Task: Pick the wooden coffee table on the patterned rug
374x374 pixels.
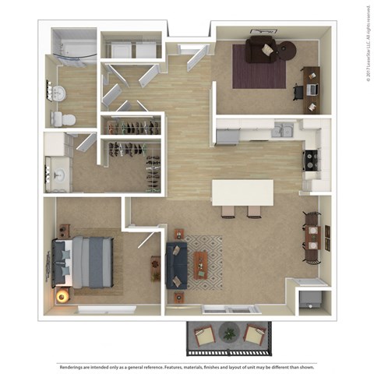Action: (x=201, y=263)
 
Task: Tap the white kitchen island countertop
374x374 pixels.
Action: (x=242, y=192)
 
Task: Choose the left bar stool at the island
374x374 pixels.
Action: (x=228, y=210)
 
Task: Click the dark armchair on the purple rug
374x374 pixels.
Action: (x=260, y=50)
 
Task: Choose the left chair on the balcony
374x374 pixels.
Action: (x=204, y=336)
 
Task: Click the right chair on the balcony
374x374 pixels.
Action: (x=253, y=336)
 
